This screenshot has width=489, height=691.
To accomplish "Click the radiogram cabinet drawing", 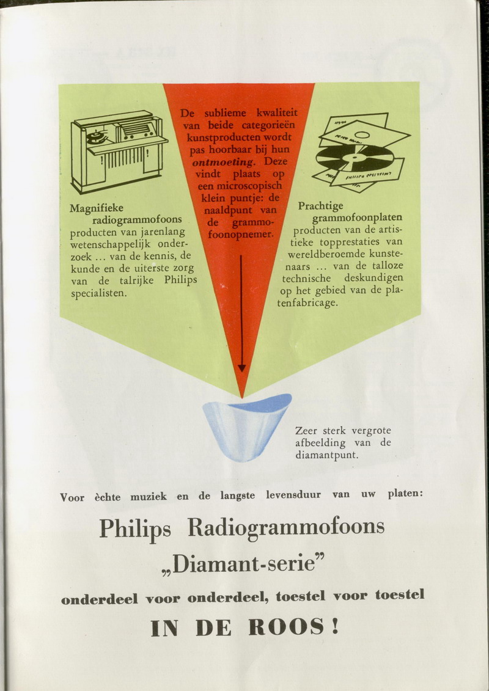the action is coord(119,151).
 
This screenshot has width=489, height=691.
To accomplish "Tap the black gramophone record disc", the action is coord(355,158).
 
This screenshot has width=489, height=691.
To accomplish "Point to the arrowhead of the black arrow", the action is coord(241,368).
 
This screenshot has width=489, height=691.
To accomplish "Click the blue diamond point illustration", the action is coord(246,426).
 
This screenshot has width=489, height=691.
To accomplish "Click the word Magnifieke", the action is coord(97,208).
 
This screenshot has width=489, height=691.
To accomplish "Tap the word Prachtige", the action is coord(320,207).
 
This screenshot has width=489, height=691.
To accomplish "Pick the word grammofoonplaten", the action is coord(357,218).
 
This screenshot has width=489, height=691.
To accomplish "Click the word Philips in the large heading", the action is coord(135,528).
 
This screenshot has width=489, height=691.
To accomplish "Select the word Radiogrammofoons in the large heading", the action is coord(286,527).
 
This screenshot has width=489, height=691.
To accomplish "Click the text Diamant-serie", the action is coord(244,565).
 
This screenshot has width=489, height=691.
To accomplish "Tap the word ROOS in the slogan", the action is coord(285,627).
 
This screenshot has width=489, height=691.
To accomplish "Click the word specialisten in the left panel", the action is coord(99,293).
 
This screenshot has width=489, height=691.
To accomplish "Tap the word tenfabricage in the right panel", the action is coord(307,303).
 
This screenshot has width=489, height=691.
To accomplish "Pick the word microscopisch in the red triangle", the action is coord(240,186).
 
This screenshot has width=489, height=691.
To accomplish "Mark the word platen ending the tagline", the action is coord(405,494).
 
